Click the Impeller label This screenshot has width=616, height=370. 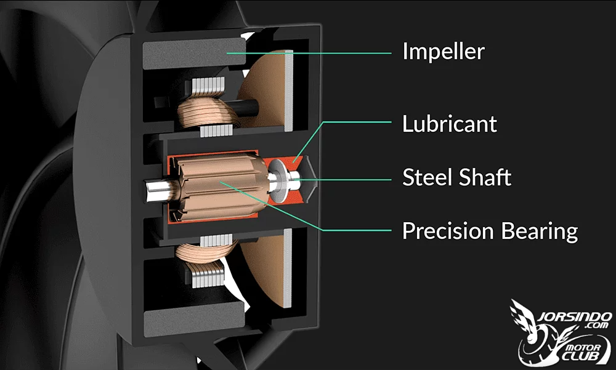click(444, 52)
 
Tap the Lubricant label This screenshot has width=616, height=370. click(450, 124)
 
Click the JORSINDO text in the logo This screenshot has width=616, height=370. click(574, 316)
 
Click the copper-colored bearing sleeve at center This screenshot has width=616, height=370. click(221, 187)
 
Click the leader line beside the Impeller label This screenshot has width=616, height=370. click(309, 53)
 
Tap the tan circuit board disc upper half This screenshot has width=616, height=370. click(262, 91)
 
